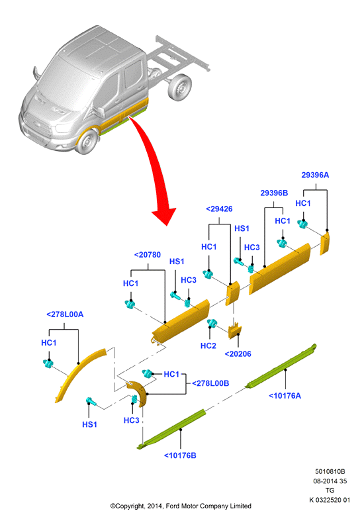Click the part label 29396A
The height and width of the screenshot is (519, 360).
[x=315, y=175]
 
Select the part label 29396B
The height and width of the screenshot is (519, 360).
[x=274, y=193]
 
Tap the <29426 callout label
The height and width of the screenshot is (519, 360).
[x=219, y=209]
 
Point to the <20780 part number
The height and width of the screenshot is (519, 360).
[x=147, y=255]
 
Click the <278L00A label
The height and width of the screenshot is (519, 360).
[x=65, y=314]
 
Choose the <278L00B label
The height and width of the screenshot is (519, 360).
[x=210, y=383]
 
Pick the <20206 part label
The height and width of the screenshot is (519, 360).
[x=238, y=354]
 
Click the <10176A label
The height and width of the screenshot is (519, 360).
[x=285, y=396]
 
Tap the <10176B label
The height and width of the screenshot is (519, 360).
[x=180, y=455]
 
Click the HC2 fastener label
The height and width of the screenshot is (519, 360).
[x=208, y=346]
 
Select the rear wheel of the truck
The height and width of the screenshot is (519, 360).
[x=180, y=87]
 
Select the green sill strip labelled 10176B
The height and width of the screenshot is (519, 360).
[x=171, y=430]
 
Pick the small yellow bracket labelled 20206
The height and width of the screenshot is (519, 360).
[x=234, y=331]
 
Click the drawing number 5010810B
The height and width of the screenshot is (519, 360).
[x=330, y=471]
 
